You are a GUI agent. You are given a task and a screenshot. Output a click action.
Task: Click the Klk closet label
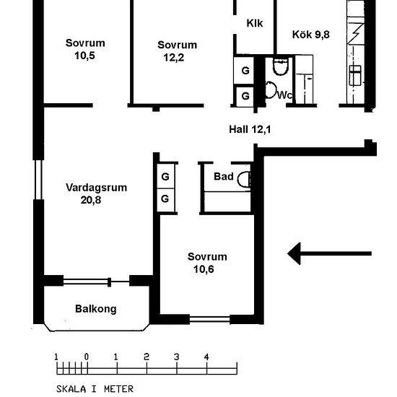pyautogui.click(x=255, y=23)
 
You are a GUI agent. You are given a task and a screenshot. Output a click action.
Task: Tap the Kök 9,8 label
pyautogui.click(x=311, y=35)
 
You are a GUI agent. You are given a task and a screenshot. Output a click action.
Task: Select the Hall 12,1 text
pyautogui.click(x=250, y=129)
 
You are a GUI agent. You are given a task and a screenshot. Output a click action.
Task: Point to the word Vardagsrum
pyautogui.click(x=97, y=188)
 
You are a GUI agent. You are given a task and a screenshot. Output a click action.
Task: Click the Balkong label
pyautogui.click(x=96, y=309)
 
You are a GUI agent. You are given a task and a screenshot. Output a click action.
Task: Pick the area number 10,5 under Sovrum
pyautogui.click(x=84, y=56)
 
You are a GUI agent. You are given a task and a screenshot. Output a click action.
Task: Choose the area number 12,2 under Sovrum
pyautogui.click(x=174, y=58)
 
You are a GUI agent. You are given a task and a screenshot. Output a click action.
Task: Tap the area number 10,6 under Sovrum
pyautogui.click(x=204, y=269)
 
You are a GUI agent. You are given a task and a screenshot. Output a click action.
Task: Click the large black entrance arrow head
pyautogui.click(x=295, y=253)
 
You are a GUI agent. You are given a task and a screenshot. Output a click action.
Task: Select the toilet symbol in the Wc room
pyautogui.click(x=281, y=66)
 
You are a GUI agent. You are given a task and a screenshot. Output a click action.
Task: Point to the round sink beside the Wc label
pyautogui.click(x=271, y=90)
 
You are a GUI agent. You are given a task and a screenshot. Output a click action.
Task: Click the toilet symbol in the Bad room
pyautogui.click(x=244, y=179)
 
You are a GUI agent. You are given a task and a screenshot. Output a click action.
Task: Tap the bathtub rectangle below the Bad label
pyautogui.click(x=227, y=201)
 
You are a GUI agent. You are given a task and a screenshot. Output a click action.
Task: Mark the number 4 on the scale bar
pyautogui.click(x=206, y=357)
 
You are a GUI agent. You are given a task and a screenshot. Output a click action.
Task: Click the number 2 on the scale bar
pyautogui.click(x=147, y=357)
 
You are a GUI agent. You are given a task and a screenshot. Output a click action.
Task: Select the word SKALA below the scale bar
pyautogui.click(x=71, y=389)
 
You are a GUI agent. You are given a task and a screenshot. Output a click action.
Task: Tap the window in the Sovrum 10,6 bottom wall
pyautogui.click(x=209, y=319)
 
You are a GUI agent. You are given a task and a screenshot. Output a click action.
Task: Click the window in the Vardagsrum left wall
pyautogui.click(x=38, y=180)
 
